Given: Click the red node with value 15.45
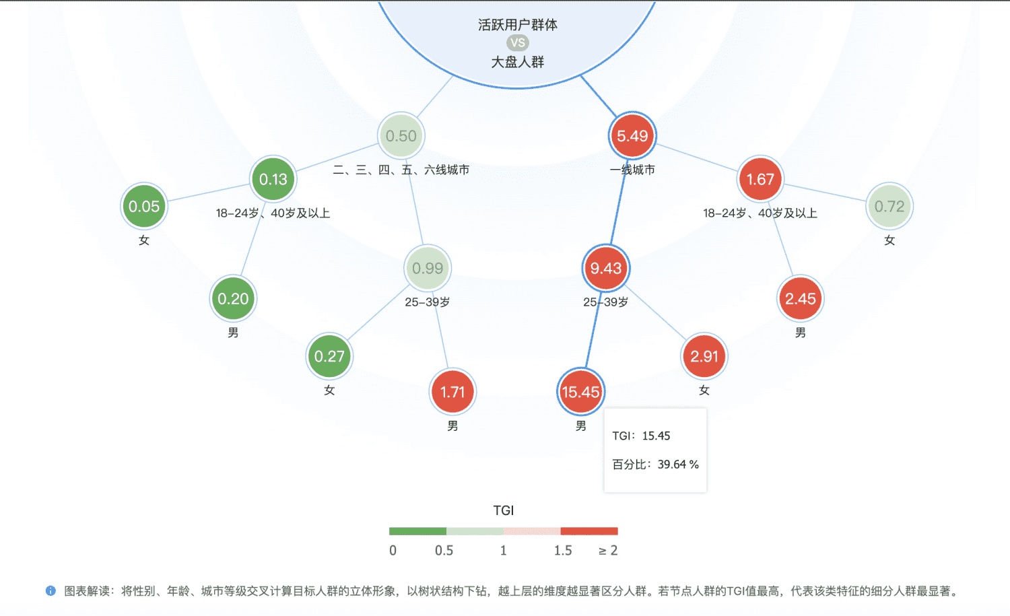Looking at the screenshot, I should [x=580, y=392].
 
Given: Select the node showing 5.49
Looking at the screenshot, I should [x=632, y=136].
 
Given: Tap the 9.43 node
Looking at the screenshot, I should [x=605, y=269].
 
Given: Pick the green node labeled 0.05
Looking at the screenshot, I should [x=144, y=207].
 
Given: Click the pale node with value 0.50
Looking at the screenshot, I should [x=401, y=136].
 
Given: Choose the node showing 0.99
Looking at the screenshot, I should [x=428, y=269].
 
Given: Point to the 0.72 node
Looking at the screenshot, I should [x=889, y=207].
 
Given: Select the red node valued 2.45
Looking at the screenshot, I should [x=800, y=299].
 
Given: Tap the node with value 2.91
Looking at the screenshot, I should [x=704, y=356].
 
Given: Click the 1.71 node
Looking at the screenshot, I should [x=452, y=392].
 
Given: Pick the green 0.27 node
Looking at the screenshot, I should [x=329, y=356].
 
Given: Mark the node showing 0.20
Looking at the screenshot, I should [x=233, y=299].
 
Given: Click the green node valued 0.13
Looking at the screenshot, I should [x=273, y=180].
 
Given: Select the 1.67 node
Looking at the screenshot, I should [x=760, y=180].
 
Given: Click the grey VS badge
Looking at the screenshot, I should [x=518, y=43].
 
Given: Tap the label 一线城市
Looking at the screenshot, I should [x=632, y=170].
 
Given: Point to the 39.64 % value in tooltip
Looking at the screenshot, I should [x=678, y=465].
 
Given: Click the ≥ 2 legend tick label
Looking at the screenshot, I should [x=608, y=551].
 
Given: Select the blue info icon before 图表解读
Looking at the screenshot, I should [x=50, y=591].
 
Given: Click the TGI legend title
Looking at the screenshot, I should [x=504, y=510].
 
